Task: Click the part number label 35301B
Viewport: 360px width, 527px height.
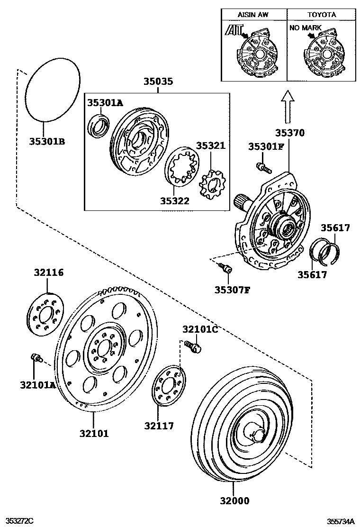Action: pyautogui.click(x=47, y=141)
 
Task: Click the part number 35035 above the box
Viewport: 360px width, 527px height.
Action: pyautogui.click(x=158, y=82)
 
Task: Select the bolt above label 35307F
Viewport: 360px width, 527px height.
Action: pyautogui.click(x=226, y=269)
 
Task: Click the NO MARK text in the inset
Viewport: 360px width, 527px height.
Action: pyautogui.click(x=305, y=28)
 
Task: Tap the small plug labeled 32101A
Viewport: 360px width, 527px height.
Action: pyautogui.click(x=36, y=358)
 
